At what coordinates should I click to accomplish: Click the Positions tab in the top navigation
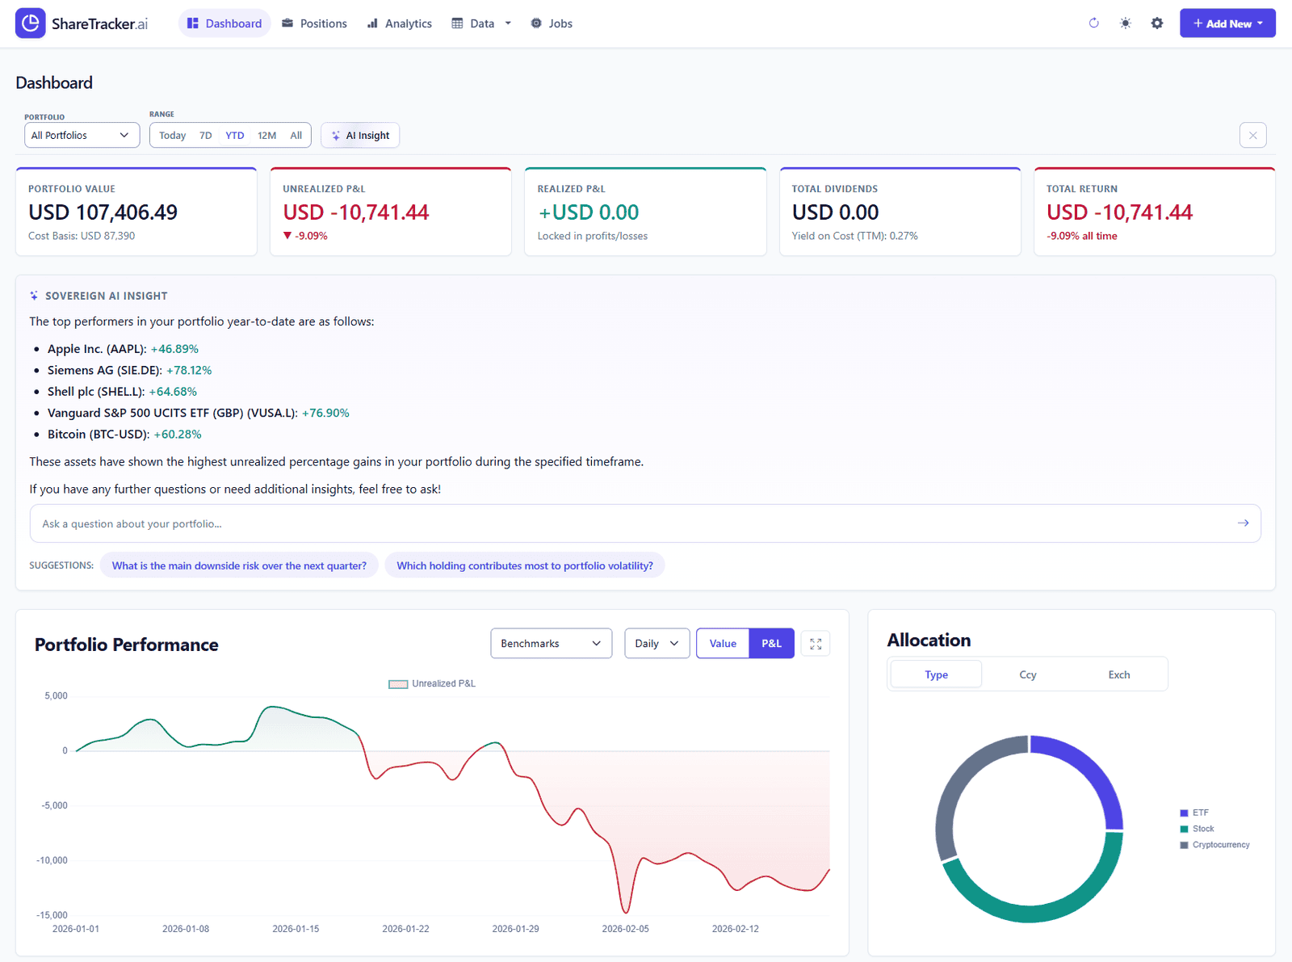tap(314, 23)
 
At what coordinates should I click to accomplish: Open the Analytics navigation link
tap(400, 23)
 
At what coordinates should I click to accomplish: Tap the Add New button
tap(1227, 23)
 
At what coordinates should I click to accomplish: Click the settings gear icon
tap(1157, 23)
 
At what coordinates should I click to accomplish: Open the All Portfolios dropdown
tap(82, 135)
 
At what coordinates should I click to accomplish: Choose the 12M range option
tap(266, 136)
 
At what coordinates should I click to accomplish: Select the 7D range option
tap(206, 136)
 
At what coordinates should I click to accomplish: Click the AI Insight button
tap(360, 136)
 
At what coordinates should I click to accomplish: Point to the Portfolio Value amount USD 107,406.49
tap(103, 212)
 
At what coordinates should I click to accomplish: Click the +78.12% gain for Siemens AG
tap(189, 370)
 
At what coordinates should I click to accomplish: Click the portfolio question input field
tap(630, 523)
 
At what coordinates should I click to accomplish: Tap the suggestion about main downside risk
tap(239, 565)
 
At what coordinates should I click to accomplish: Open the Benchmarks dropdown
tap(551, 644)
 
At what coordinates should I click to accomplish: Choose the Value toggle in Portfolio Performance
tap(723, 644)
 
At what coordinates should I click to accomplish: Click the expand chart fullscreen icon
tap(816, 644)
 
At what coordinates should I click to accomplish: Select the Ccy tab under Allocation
tap(1027, 674)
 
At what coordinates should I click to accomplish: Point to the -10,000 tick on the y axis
tap(52, 860)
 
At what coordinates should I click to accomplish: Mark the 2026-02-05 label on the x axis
tap(625, 929)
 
